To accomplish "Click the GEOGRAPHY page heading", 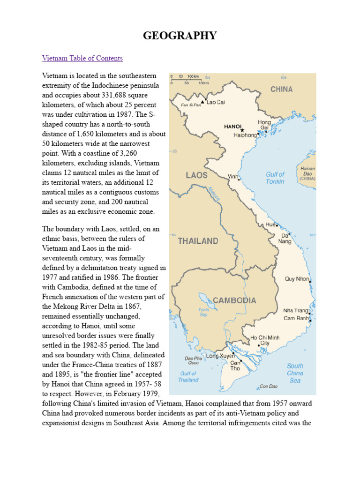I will pyautogui.click(x=180, y=35).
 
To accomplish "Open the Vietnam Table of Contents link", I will pyautogui.click(x=82, y=58).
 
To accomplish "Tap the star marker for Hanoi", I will pyautogui.click(x=242, y=130).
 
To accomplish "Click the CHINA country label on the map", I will pyautogui.click(x=281, y=89).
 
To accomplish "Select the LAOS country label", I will pyautogui.click(x=196, y=175).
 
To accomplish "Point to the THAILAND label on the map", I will pyautogui.click(x=198, y=241).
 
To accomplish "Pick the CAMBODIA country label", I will pyautogui.click(x=234, y=300).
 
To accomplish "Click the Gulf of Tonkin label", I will pyautogui.click(x=275, y=178).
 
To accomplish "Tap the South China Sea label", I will pyautogui.click(x=295, y=373).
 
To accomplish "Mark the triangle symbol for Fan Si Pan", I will pyautogui.click(x=202, y=102).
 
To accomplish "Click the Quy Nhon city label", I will pyautogui.click(x=297, y=279).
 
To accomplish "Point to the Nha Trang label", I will pyautogui.click(x=295, y=311).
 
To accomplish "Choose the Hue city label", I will pyautogui.click(x=270, y=225).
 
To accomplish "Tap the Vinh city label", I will pyautogui.click(x=232, y=177).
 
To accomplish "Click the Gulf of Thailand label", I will pyautogui.click(x=188, y=376).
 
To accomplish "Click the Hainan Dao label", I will pyautogui.click(x=308, y=171).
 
